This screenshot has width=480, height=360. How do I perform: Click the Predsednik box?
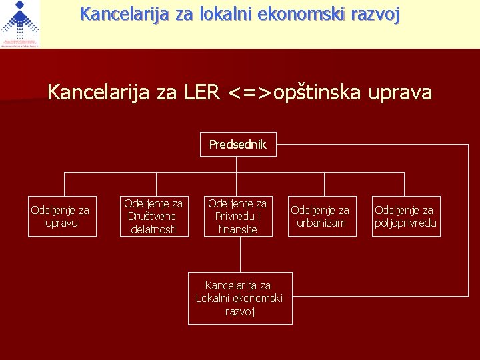point(238,144)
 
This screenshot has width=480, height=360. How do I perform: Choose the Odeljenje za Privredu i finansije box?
point(237,216)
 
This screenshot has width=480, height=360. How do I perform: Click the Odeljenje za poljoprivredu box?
point(406,217)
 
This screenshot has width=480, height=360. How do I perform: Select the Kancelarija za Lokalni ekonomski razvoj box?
point(239,298)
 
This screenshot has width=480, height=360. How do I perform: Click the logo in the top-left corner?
point(20,24)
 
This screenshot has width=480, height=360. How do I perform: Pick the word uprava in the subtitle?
point(402,92)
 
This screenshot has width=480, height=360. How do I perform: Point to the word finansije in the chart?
point(237,229)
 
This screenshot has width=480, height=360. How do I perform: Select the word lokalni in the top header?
point(225,13)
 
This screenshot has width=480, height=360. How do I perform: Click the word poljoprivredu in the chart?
point(406,223)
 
